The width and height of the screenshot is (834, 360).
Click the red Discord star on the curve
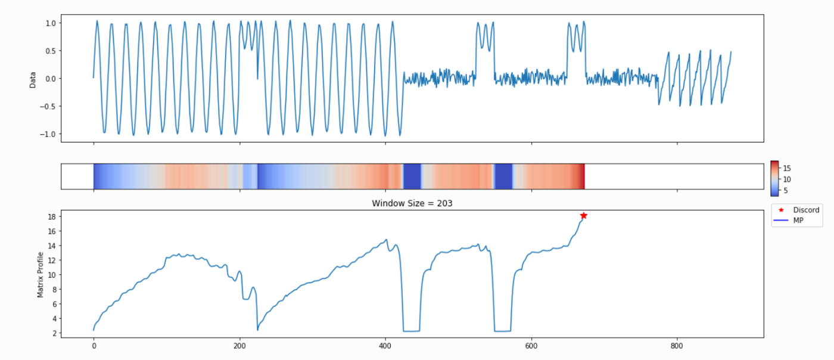point(584,216)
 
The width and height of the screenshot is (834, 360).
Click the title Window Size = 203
point(412,203)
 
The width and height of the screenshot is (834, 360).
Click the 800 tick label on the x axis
point(677,345)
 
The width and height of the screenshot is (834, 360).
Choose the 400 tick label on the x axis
point(385,345)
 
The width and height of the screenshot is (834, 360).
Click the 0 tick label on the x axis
point(94,345)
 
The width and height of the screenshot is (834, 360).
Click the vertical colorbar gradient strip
point(774,178)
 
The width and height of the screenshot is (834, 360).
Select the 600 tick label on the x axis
point(531,345)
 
